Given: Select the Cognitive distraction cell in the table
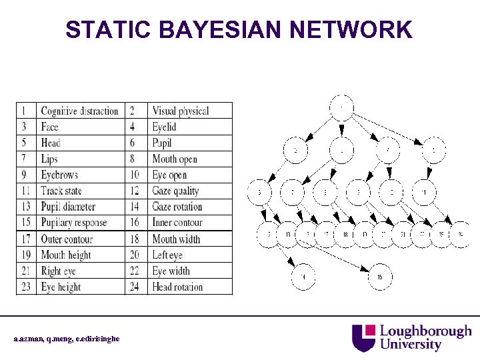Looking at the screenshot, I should coord(79,111).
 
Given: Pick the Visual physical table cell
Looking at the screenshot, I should coord(180,111).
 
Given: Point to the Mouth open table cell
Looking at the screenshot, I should coord(175,159).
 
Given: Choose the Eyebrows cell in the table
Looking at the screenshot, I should coord(59,175).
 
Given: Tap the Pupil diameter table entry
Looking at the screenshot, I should coord(68,207).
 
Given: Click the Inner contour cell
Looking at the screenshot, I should coord(177,223).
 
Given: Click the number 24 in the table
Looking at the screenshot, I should coord(135,287).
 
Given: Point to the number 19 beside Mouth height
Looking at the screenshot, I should coord(25,255).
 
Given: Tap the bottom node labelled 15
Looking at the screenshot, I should coord(380,277).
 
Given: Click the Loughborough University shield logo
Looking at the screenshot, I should coord(364,337).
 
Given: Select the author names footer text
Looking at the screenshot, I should coord(67,339).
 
